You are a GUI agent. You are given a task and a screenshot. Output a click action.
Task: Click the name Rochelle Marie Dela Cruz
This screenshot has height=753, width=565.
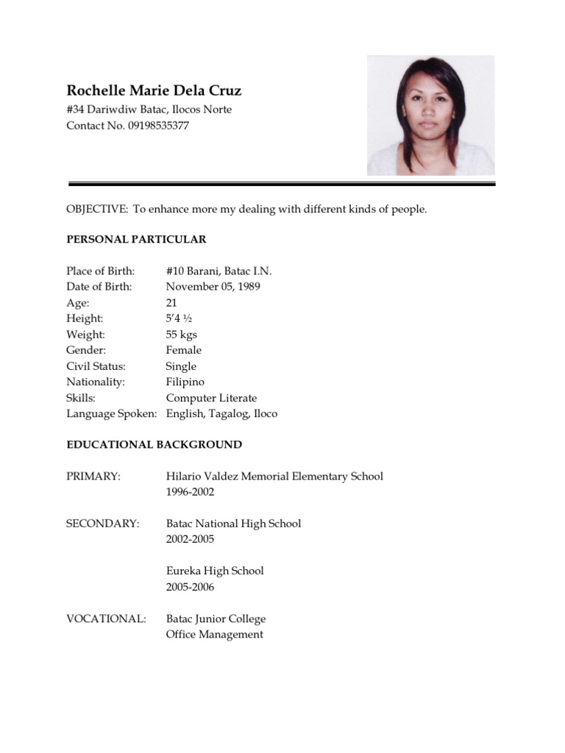(x=154, y=91)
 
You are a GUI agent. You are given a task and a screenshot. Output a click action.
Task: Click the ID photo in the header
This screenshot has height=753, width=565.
(x=430, y=115)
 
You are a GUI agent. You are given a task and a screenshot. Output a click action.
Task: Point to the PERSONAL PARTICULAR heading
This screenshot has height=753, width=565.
(x=136, y=240)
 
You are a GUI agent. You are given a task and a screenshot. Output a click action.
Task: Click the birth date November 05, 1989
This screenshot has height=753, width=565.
(x=213, y=287)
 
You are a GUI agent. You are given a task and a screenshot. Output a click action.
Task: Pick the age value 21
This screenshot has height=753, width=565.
(x=171, y=303)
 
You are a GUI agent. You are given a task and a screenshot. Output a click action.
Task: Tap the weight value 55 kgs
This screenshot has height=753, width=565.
(x=181, y=335)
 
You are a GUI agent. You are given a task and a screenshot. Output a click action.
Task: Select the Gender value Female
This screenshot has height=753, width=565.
(x=183, y=351)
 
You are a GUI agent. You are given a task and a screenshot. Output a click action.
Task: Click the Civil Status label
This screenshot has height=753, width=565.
(x=96, y=366)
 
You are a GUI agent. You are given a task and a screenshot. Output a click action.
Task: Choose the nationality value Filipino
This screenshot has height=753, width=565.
(x=185, y=382)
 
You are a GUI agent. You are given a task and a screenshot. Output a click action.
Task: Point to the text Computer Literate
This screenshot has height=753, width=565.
(x=211, y=398)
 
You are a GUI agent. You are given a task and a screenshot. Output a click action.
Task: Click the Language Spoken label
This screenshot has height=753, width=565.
(x=112, y=414)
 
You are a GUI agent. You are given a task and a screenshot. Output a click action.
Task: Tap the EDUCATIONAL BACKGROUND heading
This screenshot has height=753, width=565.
(x=154, y=445)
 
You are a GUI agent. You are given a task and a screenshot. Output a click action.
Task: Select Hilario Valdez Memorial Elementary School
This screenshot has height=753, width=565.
(x=274, y=477)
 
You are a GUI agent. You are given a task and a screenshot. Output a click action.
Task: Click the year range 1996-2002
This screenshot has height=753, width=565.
(x=190, y=492)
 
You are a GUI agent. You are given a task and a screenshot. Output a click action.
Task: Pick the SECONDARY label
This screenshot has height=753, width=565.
(x=102, y=524)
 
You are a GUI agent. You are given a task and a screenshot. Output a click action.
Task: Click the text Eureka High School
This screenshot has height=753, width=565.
(x=215, y=571)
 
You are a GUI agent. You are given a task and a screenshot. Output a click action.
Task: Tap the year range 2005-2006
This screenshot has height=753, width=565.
(x=190, y=587)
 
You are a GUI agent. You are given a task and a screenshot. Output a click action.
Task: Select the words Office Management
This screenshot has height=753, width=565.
(x=214, y=635)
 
